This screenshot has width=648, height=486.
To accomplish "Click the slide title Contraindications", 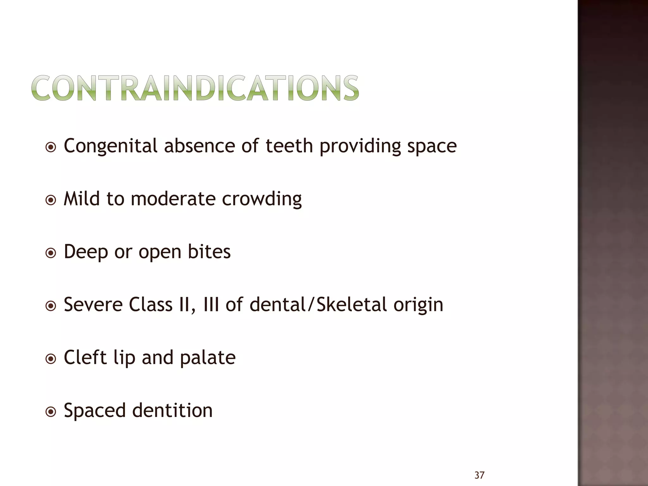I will (x=195, y=88).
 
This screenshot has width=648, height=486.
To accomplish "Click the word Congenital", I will (x=110, y=146).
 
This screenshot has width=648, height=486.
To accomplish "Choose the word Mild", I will (x=82, y=199).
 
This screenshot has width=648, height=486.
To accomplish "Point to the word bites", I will (x=209, y=252).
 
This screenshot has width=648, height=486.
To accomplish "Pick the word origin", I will (x=418, y=305).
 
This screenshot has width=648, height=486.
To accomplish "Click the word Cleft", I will (x=85, y=357).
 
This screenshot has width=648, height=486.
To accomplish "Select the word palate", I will (x=208, y=358).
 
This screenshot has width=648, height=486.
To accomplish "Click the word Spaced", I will (x=95, y=411).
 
